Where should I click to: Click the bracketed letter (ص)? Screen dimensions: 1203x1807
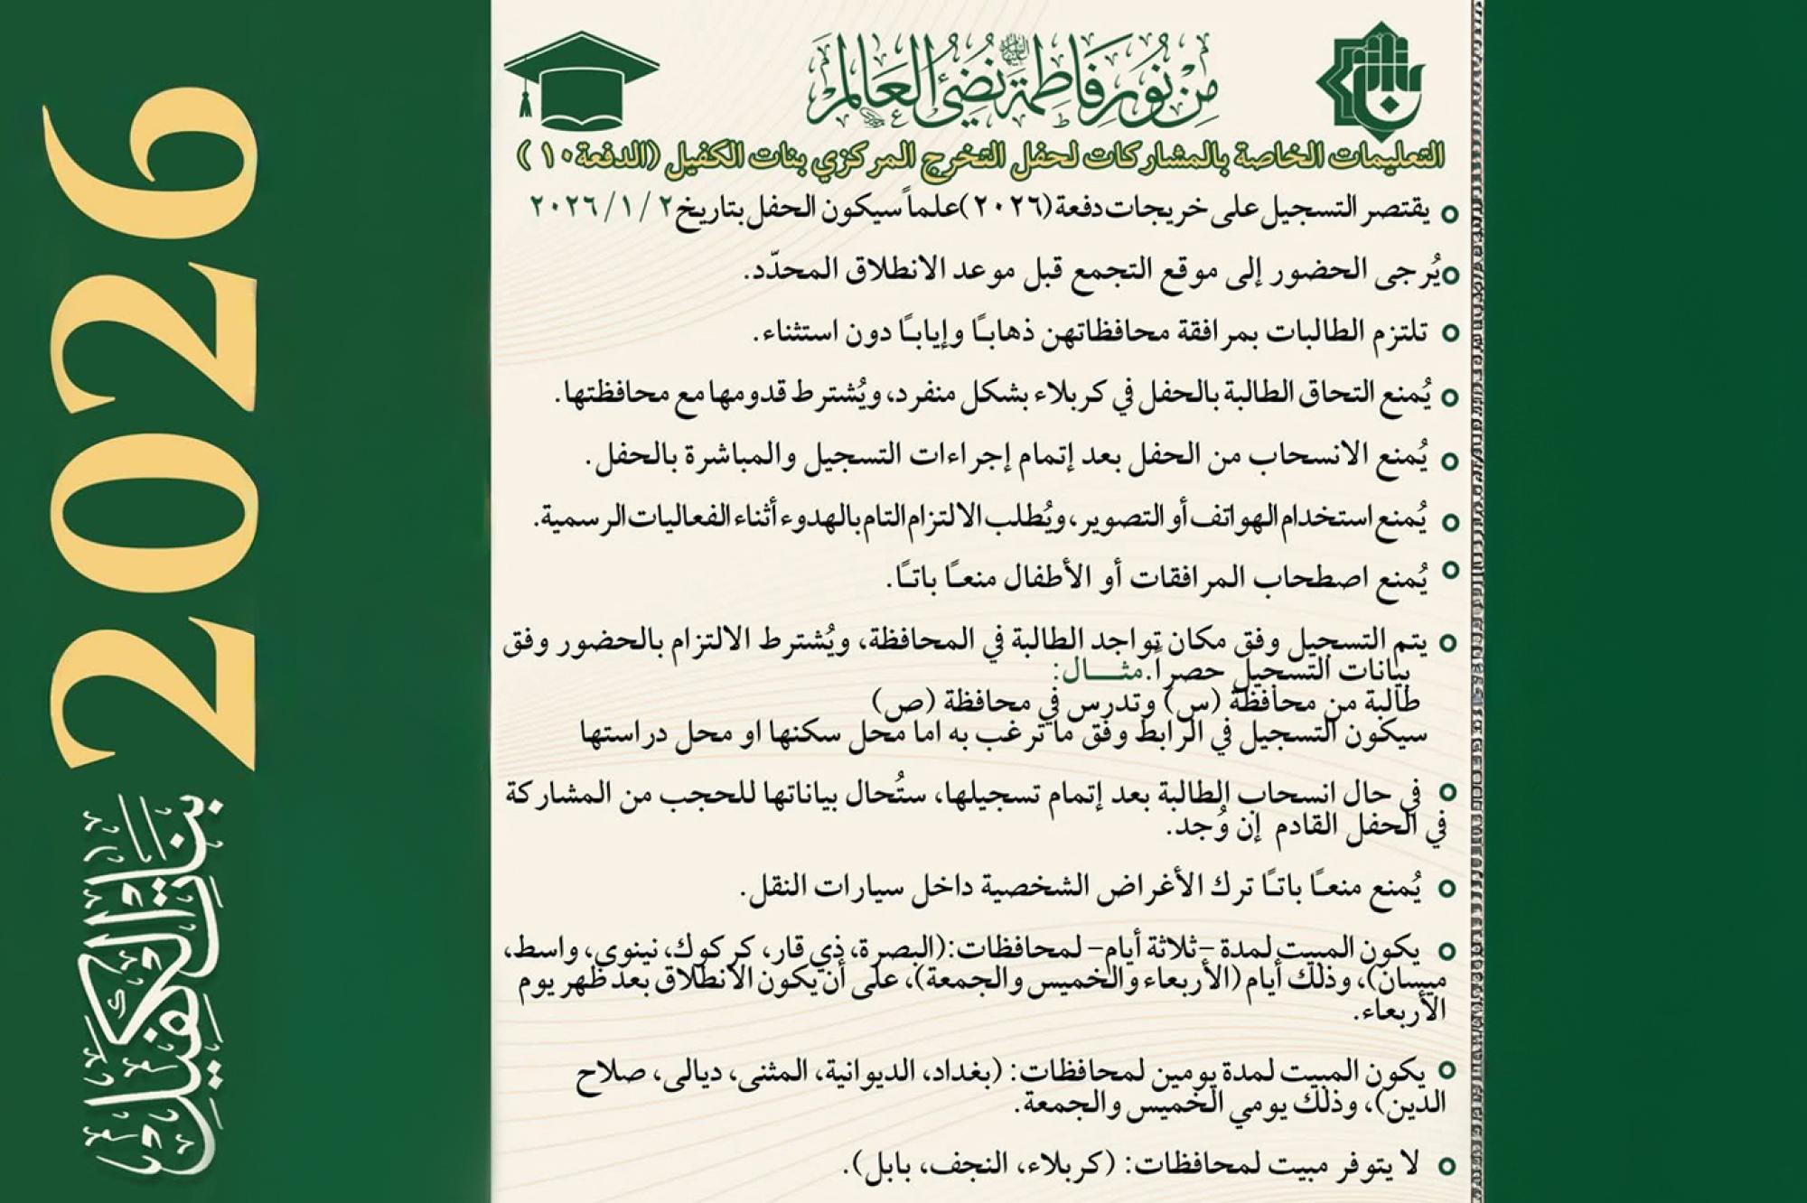point(895,700)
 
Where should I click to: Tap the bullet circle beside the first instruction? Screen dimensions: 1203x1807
point(1449,214)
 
